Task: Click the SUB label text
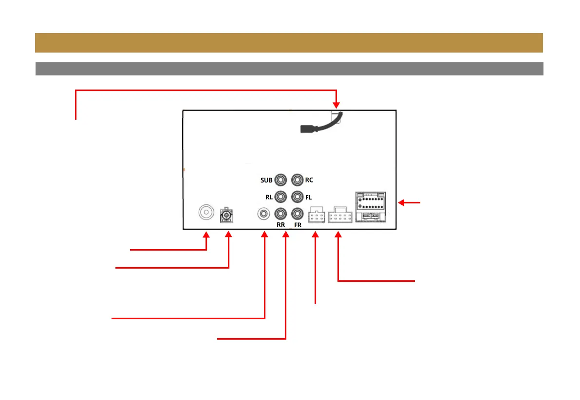point(266,181)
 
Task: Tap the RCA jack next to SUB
point(281,180)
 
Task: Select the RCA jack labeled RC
point(297,180)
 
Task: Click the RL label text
point(268,197)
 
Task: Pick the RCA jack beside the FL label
point(297,197)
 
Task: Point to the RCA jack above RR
point(281,213)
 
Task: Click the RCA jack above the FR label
point(297,213)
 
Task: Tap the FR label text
point(298,225)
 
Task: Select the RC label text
point(309,181)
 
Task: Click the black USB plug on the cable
point(308,129)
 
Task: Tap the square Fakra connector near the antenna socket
point(226,215)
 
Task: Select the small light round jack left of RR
point(263,213)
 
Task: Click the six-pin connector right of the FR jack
point(317,217)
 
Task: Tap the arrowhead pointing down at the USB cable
point(336,104)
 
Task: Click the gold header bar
point(289,43)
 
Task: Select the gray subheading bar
point(289,69)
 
